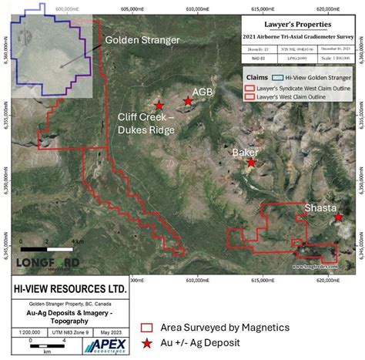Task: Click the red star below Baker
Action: tap(251, 163)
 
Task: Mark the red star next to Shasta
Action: tap(339, 218)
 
